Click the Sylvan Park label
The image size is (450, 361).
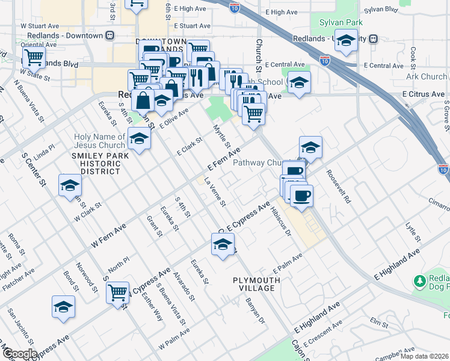click(337, 22)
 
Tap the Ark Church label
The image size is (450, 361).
click(427, 76)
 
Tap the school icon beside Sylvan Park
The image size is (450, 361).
click(346, 42)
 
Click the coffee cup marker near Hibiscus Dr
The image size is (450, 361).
click(301, 196)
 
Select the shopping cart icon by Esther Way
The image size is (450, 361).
click(118, 292)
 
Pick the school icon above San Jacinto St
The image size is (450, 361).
click(63, 307)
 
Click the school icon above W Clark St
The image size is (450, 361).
click(70, 186)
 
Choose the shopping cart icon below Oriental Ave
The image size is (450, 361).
click(34, 58)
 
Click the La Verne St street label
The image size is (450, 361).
click(214, 192)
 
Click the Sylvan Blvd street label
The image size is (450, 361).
click(381, 10)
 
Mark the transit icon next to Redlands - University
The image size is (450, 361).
click(373, 39)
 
